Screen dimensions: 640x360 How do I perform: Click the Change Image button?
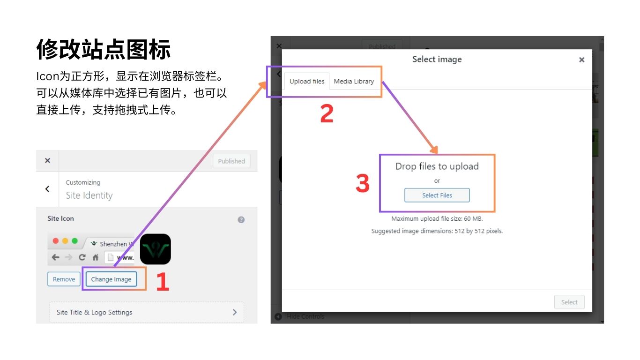tap(111, 279)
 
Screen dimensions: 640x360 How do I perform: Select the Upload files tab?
tap(307, 81)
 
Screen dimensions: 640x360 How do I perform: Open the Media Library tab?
tap(354, 81)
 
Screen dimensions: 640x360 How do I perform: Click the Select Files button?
tap(437, 195)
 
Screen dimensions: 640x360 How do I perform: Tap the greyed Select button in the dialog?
tap(569, 302)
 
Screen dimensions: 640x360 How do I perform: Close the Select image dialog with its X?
tap(581, 60)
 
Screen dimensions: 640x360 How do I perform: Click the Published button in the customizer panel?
tap(231, 161)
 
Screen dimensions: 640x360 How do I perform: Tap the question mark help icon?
tap(241, 219)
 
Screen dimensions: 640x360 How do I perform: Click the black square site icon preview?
tap(156, 249)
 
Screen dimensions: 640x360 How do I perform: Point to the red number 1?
tap(163, 281)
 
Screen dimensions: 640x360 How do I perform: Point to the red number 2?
tap(327, 113)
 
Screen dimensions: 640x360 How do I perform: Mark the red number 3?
tap(363, 183)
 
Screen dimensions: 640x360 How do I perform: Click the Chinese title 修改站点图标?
tap(104, 49)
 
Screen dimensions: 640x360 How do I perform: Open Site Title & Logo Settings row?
tap(147, 312)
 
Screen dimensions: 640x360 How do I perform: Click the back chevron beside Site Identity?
tap(47, 189)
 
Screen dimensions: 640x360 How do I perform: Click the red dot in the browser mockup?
tap(56, 241)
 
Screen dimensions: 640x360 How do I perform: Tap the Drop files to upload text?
tap(437, 166)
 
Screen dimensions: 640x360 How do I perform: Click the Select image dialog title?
tap(437, 59)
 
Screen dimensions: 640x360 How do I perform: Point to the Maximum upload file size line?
tap(437, 219)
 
